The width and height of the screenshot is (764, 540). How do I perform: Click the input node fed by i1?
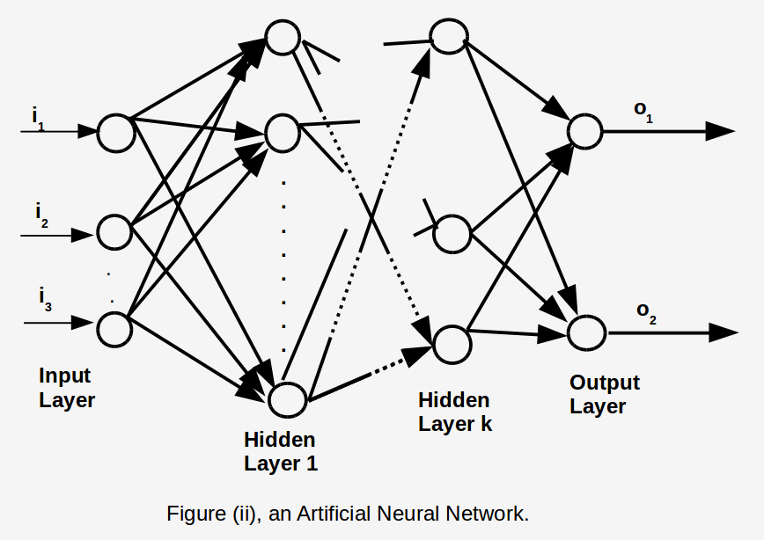click(x=115, y=132)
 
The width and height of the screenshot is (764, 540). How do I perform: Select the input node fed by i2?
click(x=114, y=232)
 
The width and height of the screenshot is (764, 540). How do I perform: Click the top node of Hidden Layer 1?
click(x=283, y=38)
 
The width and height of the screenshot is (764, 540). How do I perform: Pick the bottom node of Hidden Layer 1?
click(x=287, y=399)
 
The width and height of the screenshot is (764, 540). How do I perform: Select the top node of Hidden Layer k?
click(x=447, y=36)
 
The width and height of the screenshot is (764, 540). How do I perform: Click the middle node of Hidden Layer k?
click(x=453, y=233)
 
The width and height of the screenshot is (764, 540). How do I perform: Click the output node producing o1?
click(x=584, y=131)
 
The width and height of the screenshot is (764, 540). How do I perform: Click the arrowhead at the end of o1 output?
click(x=720, y=131)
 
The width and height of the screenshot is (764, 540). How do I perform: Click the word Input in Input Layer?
click(x=64, y=376)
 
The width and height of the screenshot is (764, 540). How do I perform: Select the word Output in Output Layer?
click(x=604, y=383)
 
